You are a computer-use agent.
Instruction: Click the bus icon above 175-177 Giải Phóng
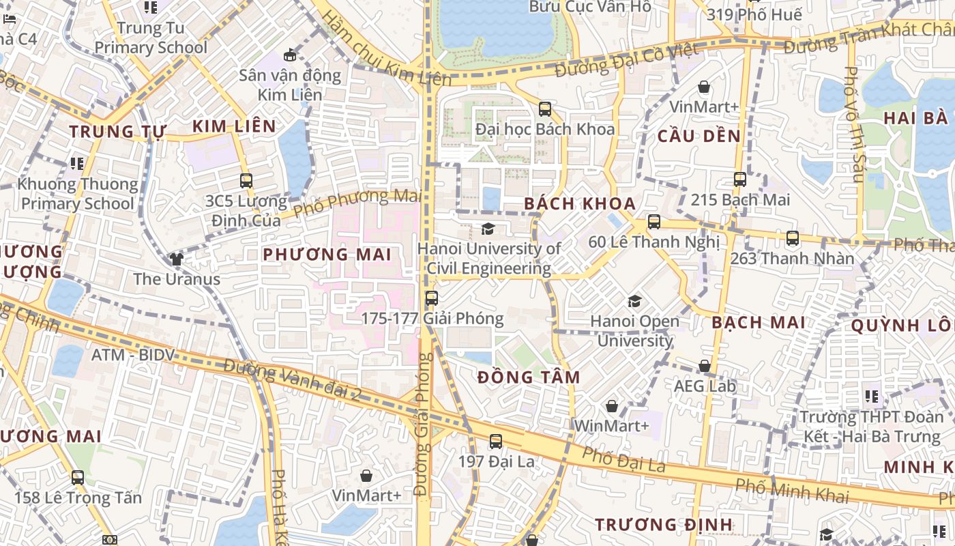(431, 298)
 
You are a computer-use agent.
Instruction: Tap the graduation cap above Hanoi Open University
(634, 301)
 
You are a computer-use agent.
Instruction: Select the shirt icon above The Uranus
(177, 259)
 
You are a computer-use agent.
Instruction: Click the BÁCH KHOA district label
(580, 203)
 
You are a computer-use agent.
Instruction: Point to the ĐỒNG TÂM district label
(529, 377)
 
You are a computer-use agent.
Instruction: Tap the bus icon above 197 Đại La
(496, 442)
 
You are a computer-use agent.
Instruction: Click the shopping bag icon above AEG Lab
(705, 367)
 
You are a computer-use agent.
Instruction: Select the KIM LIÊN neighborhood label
(234, 126)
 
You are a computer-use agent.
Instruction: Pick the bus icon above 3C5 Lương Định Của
(246, 181)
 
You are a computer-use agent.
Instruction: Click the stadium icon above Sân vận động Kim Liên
(290, 55)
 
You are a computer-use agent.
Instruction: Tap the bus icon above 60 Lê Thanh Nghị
(653, 222)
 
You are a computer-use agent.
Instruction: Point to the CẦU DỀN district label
(699, 136)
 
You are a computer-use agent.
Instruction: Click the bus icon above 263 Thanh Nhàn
(792, 238)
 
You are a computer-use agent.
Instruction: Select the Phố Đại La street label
(623, 461)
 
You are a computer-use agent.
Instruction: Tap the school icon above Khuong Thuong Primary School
(77, 164)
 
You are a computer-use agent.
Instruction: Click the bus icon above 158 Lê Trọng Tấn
(78, 478)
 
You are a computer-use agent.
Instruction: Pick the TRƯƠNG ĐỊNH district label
(663, 525)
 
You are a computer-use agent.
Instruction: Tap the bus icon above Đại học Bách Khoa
(544, 109)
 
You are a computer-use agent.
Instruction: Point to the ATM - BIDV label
(133, 355)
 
